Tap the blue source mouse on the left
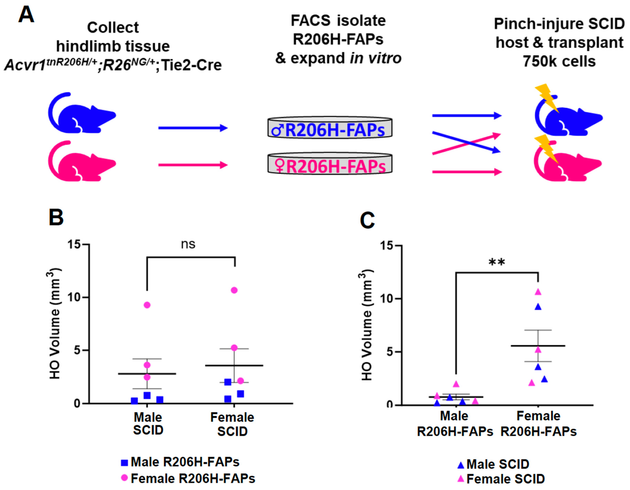82,114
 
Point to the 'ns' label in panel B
188,244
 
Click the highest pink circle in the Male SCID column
147,305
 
